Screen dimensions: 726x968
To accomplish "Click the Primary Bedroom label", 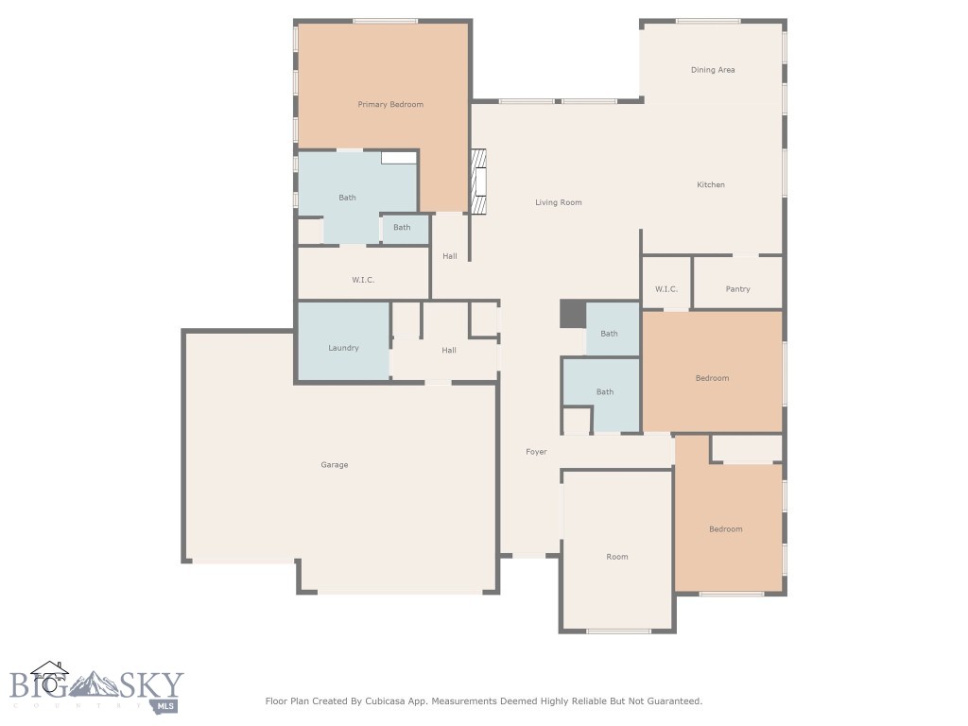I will click(x=390, y=104).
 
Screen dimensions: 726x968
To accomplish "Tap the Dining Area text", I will click(x=713, y=70).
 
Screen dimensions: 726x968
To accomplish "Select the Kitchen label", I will click(x=711, y=184).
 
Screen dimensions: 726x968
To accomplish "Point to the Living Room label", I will click(x=559, y=202).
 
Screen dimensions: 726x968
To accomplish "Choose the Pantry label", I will click(x=737, y=288).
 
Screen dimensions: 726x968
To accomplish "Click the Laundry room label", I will click(x=343, y=348).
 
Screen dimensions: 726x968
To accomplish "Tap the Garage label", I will click(x=334, y=465).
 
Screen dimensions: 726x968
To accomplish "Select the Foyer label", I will click(x=536, y=452).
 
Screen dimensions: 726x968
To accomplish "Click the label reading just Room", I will click(x=617, y=557).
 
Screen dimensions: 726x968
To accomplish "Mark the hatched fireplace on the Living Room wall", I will click(x=479, y=181).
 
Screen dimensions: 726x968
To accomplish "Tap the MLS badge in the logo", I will click(x=166, y=704).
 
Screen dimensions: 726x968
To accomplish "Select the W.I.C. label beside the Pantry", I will click(x=666, y=288).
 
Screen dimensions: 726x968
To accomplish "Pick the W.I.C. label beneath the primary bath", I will click(x=363, y=280).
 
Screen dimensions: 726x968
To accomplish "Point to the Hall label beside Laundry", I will click(x=449, y=351).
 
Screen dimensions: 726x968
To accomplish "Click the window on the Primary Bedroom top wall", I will click(x=385, y=21).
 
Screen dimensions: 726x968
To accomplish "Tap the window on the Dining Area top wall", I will click(x=708, y=21).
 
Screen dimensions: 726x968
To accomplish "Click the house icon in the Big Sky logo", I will click(x=50, y=677).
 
